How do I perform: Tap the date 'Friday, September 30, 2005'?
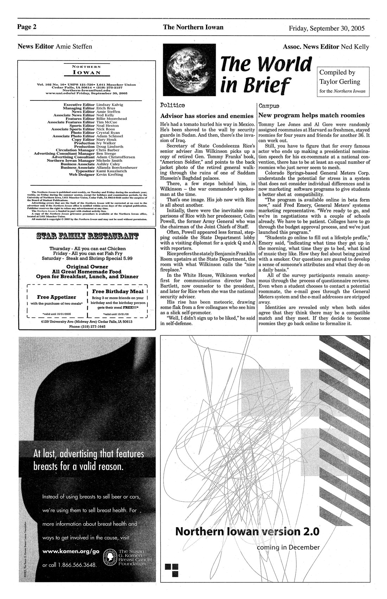[326, 28]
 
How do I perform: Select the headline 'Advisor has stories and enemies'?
[207, 116]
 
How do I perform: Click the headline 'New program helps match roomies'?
[311, 115]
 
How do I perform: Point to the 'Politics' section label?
[172, 105]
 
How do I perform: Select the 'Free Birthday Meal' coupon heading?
[118, 291]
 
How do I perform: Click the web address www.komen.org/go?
[71, 551]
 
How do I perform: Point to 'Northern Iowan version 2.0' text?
[247, 531]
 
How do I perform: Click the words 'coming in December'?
[288, 547]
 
